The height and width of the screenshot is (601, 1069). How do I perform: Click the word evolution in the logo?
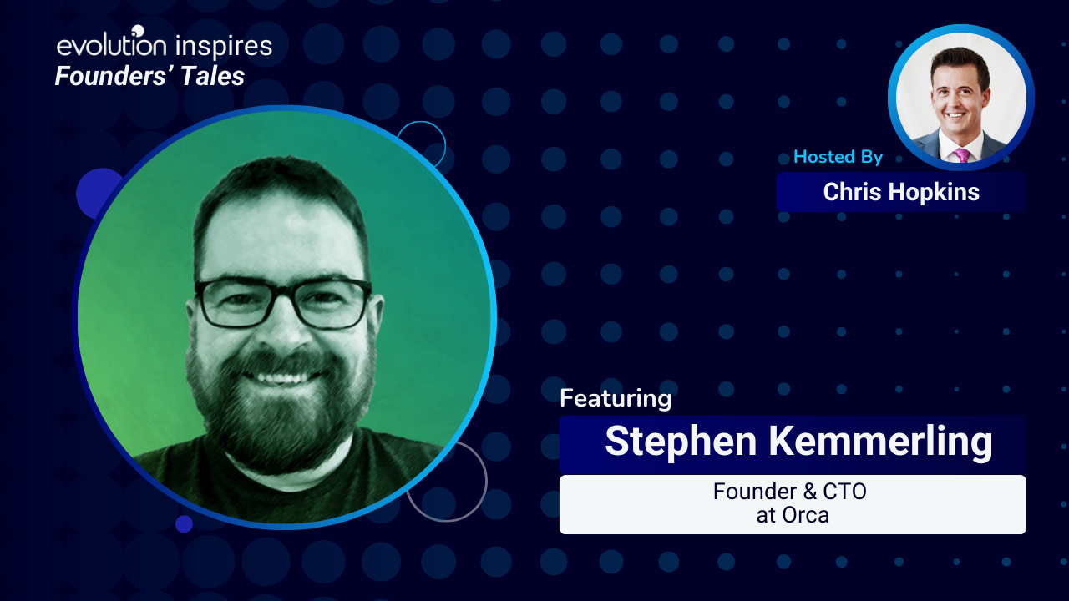pos(112,45)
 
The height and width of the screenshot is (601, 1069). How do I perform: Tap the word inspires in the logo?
pos(224,47)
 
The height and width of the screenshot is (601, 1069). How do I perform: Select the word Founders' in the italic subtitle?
pos(114,76)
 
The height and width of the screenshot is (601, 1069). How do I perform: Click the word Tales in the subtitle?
pos(213,76)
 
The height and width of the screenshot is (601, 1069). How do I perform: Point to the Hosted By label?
pos(838,157)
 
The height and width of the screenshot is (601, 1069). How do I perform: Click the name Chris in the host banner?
pos(853,192)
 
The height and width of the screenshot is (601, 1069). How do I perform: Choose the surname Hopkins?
pos(934,193)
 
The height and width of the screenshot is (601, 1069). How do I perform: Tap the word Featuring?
pos(616,399)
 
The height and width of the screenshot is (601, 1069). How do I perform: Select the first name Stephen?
pos(681,442)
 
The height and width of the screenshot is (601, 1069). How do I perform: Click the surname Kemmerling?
pos(881,442)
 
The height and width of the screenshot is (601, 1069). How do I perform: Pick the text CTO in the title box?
pos(844,492)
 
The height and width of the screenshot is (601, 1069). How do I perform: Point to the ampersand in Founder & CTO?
pos(810,492)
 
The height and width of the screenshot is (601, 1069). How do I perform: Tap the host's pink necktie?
pos(961,155)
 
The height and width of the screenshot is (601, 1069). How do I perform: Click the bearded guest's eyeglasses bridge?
pos(282,295)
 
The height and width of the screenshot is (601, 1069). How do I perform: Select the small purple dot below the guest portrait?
pos(184,523)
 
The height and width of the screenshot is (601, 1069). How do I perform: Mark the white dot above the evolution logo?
pos(138,31)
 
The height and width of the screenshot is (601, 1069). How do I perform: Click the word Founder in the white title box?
pos(755,492)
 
